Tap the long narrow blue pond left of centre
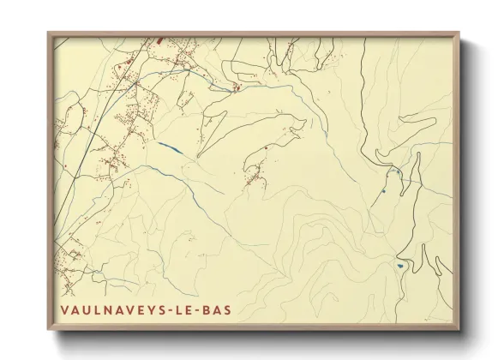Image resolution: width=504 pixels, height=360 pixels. (170, 147)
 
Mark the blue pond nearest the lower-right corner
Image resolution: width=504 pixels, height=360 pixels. (400, 266)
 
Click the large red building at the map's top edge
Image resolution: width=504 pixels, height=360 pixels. (160, 39)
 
